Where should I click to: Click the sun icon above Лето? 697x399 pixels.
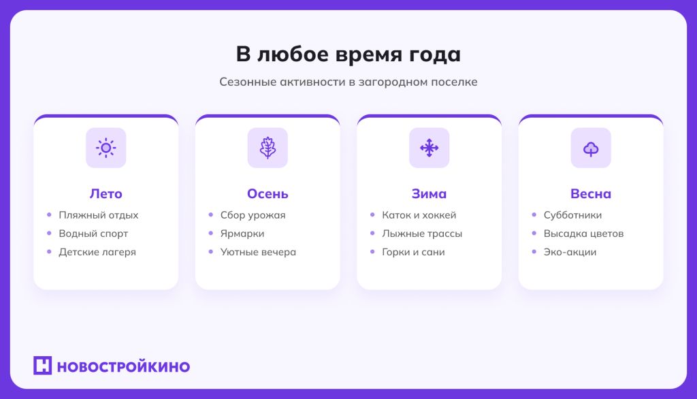pyautogui.click(x=106, y=148)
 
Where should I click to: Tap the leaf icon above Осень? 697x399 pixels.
pyautogui.click(x=268, y=148)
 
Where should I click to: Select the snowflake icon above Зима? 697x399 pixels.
pyautogui.click(x=429, y=148)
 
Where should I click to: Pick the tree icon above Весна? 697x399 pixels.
pyautogui.click(x=591, y=148)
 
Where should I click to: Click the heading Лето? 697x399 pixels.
pyautogui.click(x=106, y=194)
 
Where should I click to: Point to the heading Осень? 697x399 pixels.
pyautogui.click(x=268, y=194)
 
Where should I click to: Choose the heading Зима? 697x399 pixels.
pyautogui.click(x=429, y=194)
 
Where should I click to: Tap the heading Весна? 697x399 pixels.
pyautogui.click(x=591, y=194)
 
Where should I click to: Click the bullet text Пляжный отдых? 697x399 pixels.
pyautogui.click(x=98, y=215)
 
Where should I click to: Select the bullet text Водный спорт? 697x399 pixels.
pyautogui.click(x=93, y=234)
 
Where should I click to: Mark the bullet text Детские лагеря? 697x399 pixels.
pyautogui.click(x=97, y=252)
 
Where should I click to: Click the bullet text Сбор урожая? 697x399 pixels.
pyautogui.click(x=253, y=215)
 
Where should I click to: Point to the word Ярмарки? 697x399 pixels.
pyautogui.click(x=242, y=234)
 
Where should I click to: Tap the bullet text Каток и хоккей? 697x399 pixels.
pyautogui.click(x=419, y=215)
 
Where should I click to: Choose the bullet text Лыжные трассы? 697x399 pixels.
pyautogui.click(x=422, y=234)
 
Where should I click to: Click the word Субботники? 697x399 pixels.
pyautogui.click(x=572, y=215)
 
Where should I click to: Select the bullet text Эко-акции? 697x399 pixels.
pyautogui.click(x=570, y=252)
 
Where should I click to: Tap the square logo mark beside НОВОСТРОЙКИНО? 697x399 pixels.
pyautogui.click(x=42, y=366)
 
